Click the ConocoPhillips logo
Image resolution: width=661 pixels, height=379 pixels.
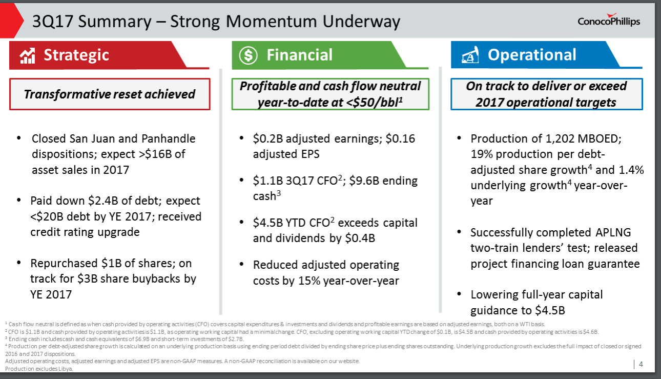pos(609,20)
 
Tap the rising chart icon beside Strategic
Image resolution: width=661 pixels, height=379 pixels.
pos(28,55)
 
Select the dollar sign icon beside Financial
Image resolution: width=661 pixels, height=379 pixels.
pos(248,55)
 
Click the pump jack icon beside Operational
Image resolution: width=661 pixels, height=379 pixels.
pos(470,55)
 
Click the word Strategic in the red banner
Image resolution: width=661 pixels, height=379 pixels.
pos(76,55)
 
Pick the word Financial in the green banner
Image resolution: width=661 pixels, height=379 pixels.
pos(300,55)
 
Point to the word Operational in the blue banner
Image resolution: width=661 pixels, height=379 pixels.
pos(532,55)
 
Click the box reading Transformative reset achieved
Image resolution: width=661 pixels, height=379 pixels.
pos(110,94)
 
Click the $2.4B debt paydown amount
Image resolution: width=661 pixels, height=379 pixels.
pos(103,201)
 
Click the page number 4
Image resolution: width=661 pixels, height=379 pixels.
pos(641,364)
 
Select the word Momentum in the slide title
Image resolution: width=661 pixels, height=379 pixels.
pos(272,22)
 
